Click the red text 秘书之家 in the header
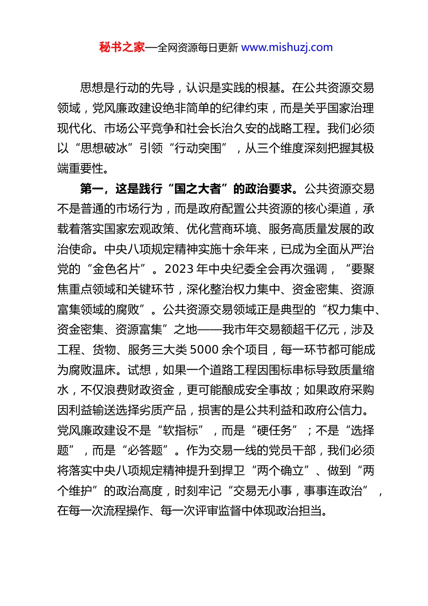tap(122, 47)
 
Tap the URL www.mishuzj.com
tap(287, 47)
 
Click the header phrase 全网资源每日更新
tap(198, 48)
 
